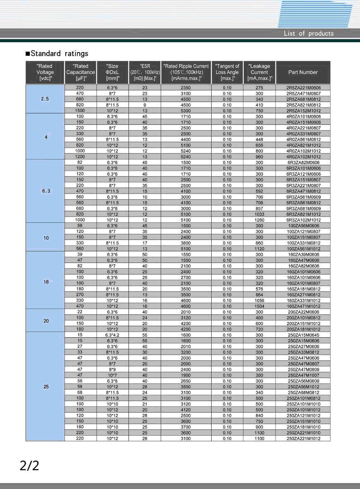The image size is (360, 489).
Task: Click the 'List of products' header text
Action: tap(308, 33)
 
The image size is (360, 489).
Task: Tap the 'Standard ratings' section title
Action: tap(57, 53)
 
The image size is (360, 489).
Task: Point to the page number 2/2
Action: tap(29, 465)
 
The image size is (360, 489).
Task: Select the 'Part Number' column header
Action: tap(303, 72)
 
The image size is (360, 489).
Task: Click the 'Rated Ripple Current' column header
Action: tap(186, 72)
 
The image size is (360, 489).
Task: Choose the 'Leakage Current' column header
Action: tap(260, 72)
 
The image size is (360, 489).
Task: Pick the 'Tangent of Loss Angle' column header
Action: tap(227, 72)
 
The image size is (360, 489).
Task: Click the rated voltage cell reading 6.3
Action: tap(45, 191)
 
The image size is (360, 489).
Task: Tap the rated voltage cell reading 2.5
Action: tap(45, 99)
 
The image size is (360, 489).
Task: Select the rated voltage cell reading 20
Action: tap(46, 320)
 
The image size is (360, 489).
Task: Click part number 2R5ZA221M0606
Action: tap(303, 88)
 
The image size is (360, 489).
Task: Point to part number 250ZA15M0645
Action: tap(303, 335)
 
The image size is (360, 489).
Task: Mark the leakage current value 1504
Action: tap(259, 306)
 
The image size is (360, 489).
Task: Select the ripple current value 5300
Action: tap(186, 111)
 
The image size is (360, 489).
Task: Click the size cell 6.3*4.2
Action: tap(112, 335)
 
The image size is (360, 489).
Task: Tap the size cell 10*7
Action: tap(112, 375)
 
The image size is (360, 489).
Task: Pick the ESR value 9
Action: tap(145, 105)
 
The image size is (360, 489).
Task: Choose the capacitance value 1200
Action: tap(80, 157)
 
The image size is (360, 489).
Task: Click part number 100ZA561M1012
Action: tap(303, 249)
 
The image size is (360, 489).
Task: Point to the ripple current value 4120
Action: tap(186, 410)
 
